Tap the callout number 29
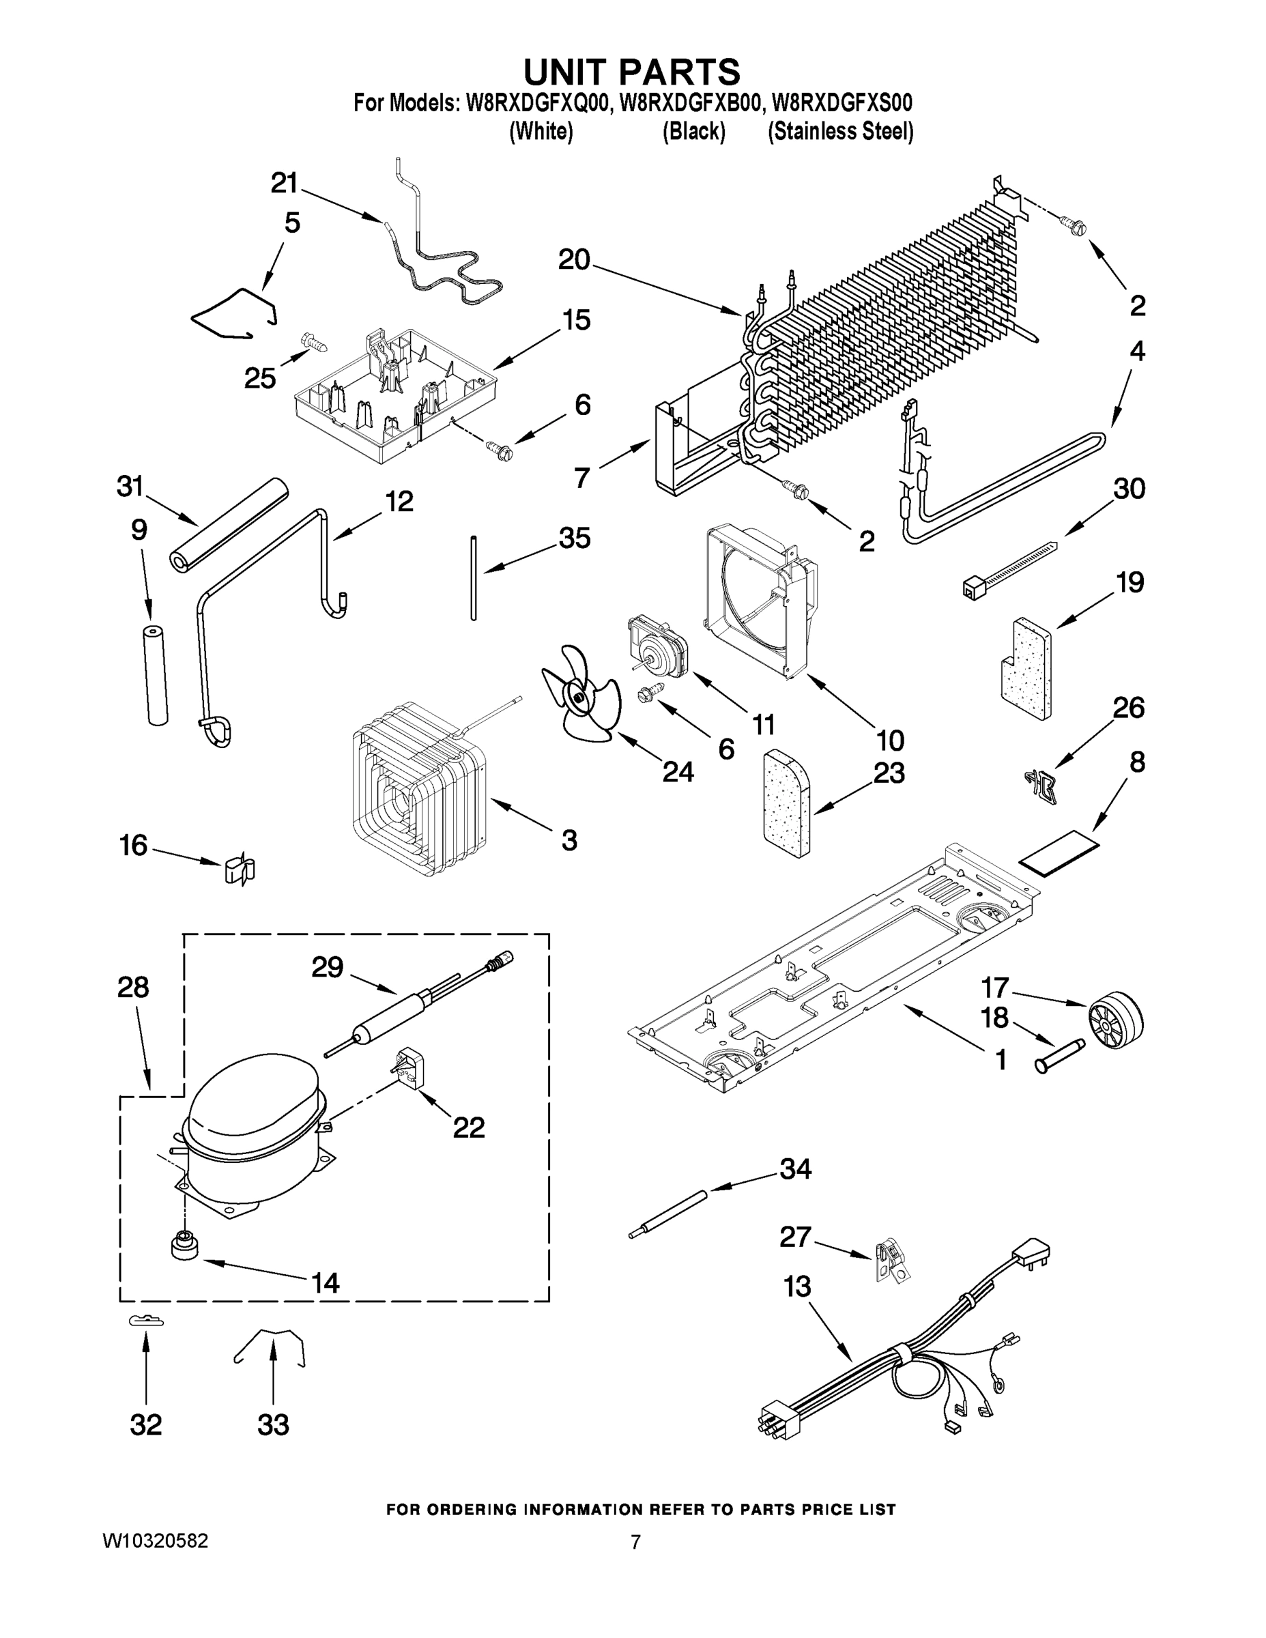coord(328,968)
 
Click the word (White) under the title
coord(541,132)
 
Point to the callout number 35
coord(575,538)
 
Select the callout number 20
coord(575,260)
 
